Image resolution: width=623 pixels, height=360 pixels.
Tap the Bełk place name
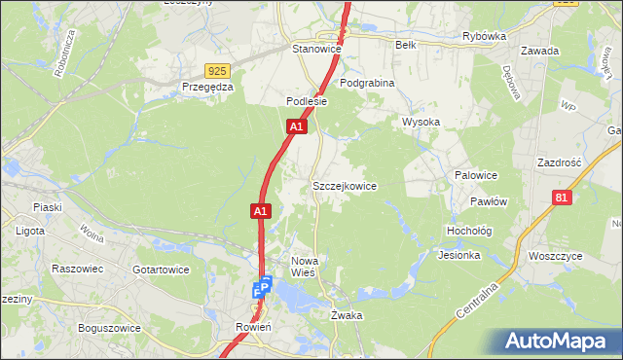click(x=406, y=45)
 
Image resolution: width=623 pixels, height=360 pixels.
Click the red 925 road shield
click(x=218, y=70)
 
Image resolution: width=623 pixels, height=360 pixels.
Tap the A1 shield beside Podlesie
click(x=298, y=126)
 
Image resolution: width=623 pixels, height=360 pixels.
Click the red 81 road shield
click(x=560, y=198)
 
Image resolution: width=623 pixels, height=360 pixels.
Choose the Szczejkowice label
click(x=344, y=185)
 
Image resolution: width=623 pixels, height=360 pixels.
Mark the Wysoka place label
click(x=421, y=122)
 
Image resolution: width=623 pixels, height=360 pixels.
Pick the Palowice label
click(x=476, y=175)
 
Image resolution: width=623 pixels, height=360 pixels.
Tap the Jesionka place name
click(x=459, y=256)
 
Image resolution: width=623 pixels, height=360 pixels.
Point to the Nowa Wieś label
click(x=311, y=267)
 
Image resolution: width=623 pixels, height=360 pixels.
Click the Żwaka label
click(x=347, y=315)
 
